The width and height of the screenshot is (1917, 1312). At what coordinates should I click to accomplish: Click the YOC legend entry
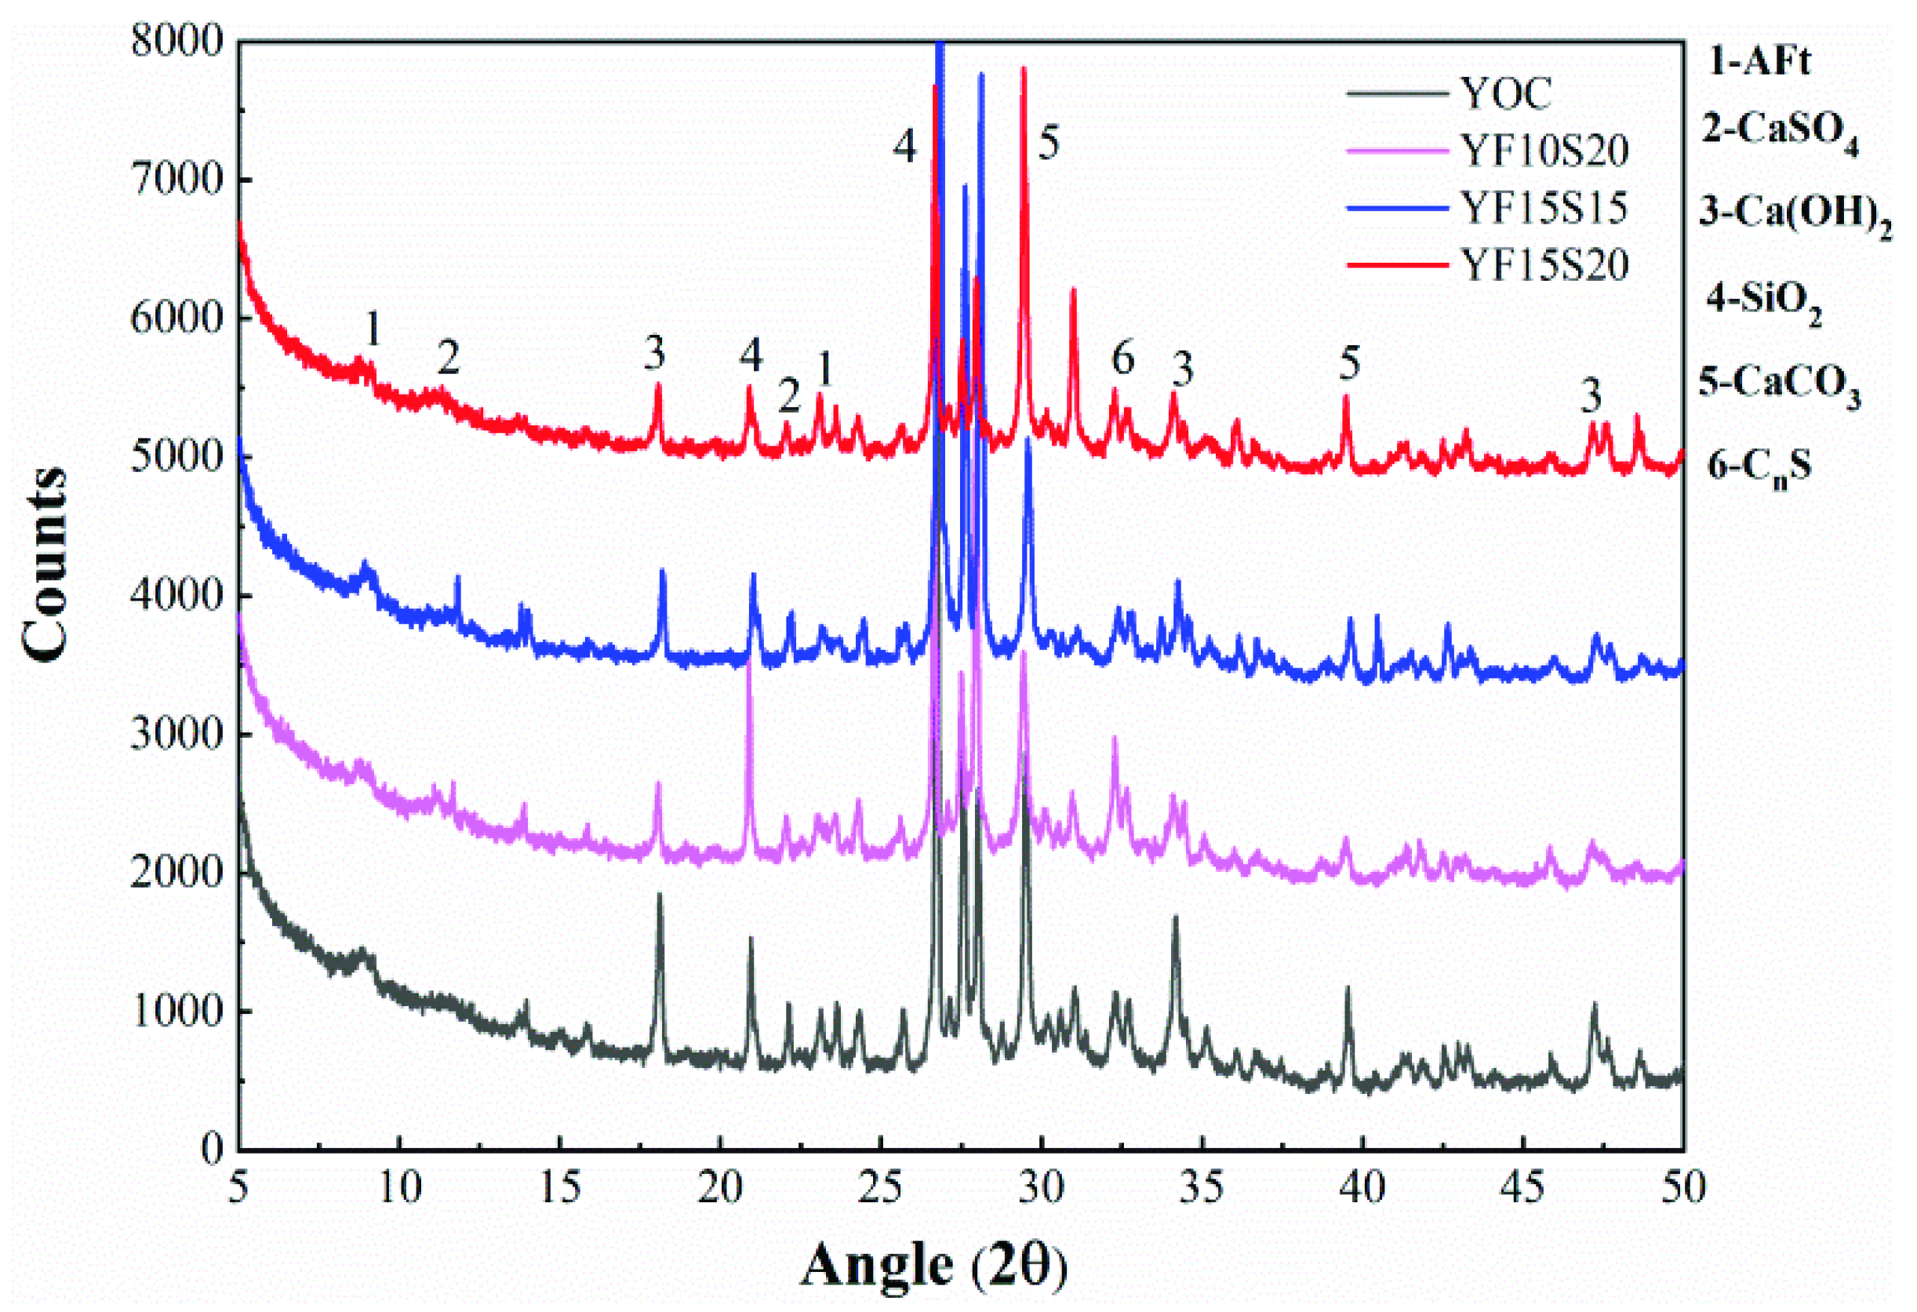(x=1506, y=93)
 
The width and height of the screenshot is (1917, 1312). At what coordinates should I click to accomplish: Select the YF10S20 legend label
(x=1544, y=151)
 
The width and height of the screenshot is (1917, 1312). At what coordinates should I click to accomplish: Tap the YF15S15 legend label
(x=1544, y=208)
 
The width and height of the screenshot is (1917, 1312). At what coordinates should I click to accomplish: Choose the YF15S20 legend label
(x=1544, y=266)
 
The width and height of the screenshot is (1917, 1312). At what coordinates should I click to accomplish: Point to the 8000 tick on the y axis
(x=176, y=42)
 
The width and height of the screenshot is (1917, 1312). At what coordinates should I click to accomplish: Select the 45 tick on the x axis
(x=1522, y=1188)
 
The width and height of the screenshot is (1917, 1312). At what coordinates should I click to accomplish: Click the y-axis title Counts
(x=45, y=565)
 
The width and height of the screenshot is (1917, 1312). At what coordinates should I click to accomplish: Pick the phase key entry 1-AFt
(x=1759, y=62)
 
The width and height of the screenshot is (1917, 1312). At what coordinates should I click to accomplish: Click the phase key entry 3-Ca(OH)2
(x=1795, y=213)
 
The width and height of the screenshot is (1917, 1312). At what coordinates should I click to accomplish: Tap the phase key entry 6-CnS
(x=1759, y=467)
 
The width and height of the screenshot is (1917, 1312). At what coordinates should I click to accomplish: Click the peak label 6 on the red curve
(x=1122, y=358)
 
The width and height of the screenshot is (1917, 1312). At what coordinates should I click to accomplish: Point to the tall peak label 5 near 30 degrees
(x=1049, y=144)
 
